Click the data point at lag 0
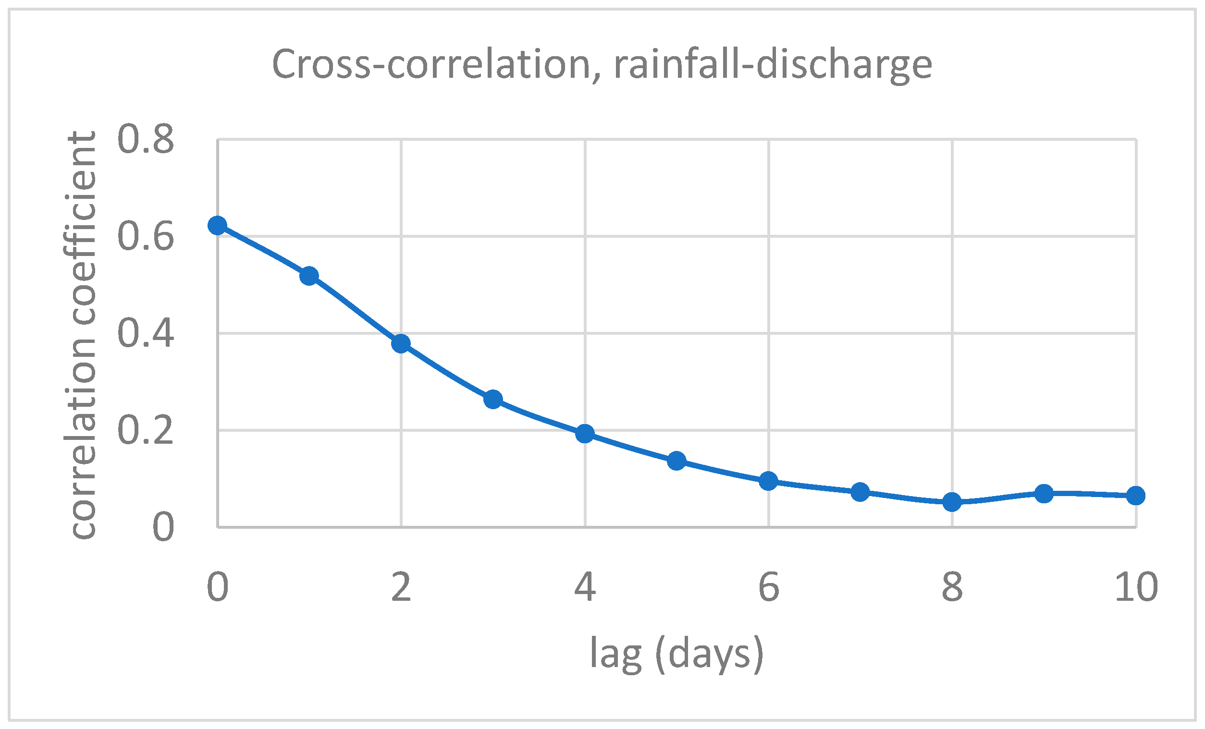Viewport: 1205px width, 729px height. pyautogui.click(x=217, y=225)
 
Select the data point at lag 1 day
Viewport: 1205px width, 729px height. pyautogui.click(x=309, y=276)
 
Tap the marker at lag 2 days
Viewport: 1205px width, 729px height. pyautogui.click(x=401, y=344)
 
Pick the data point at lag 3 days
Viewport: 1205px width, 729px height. pyautogui.click(x=493, y=400)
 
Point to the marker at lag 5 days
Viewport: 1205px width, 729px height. pyautogui.click(x=677, y=460)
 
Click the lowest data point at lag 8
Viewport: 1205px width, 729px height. pyautogui.click(x=952, y=502)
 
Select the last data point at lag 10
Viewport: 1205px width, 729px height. pyautogui.click(x=1135, y=496)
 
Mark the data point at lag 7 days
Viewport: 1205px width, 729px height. pyautogui.click(x=860, y=492)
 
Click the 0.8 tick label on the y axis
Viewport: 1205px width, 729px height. pyautogui.click(x=146, y=139)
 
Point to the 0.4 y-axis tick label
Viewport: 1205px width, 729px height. pyautogui.click(x=146, y=333)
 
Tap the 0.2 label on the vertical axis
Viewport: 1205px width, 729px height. pyautogui.click(x=146, y=431)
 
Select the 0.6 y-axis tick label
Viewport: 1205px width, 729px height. pyautogui.click(x=146, y=237)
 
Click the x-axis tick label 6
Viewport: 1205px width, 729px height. pyautogui.click(x=768, y=587)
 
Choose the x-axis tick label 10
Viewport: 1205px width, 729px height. pyautogui.click(x=1136, y=587)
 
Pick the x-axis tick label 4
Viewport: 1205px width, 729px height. pyautogui.click(x=585, y=587)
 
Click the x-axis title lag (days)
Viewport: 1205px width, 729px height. pyautogui.click(x=677, y=654)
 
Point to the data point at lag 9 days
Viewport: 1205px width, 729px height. pyautogui.click(x=1044, y=494)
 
